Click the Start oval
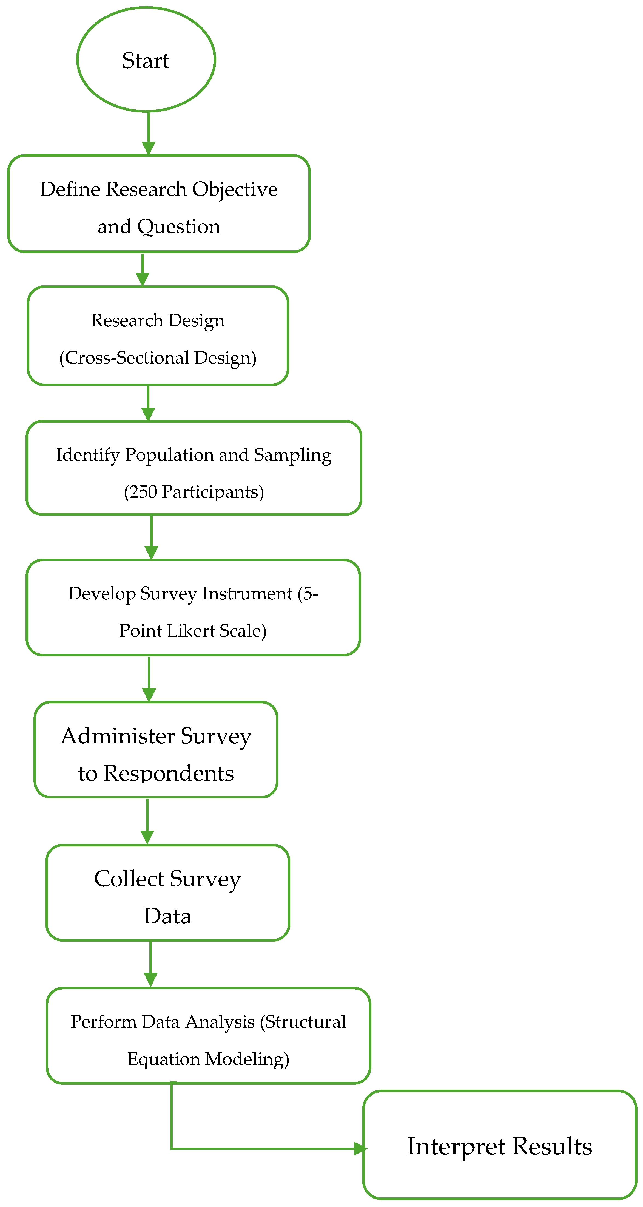coord(146,59)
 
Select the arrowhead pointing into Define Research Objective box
coord(149,148)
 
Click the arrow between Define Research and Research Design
coord(142,270)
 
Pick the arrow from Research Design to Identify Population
coord(148,403)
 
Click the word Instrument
coord(247,594)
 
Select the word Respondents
coord(169,773)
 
